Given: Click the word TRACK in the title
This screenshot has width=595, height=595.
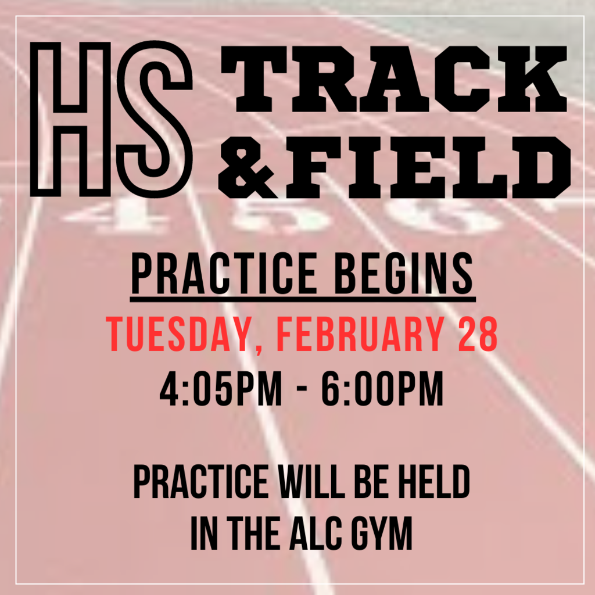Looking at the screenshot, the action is [394, 79].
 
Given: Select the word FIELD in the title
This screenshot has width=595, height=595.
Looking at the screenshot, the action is [428, 167].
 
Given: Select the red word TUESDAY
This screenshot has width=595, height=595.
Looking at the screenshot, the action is [178, 334].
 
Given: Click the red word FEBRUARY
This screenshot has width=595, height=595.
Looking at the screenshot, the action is [360, 334].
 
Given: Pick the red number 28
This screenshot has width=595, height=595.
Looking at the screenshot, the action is [478, 334].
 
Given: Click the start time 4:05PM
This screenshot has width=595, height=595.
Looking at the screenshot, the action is [221, 389].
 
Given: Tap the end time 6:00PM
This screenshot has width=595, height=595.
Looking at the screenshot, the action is [382, 389].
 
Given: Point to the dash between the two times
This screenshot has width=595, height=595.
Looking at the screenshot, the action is [302, 390].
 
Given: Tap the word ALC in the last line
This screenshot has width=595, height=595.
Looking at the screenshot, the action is [315, 534].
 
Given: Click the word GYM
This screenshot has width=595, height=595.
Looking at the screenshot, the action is [381, 534].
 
